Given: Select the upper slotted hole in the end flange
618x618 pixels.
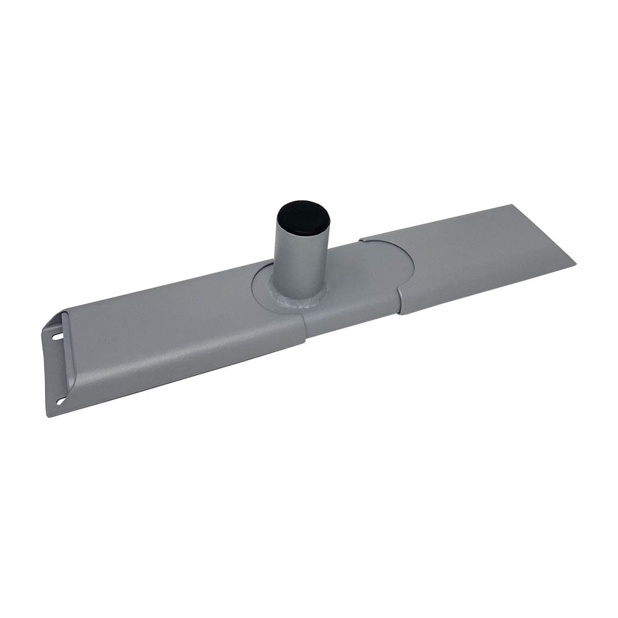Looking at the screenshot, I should [x=57, y=337].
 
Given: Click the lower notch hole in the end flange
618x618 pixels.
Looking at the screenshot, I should [x=61, y=402].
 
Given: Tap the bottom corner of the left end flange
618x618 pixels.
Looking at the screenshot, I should [x=49, y=415].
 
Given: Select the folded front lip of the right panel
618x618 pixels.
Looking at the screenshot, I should [x=488, y=290].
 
